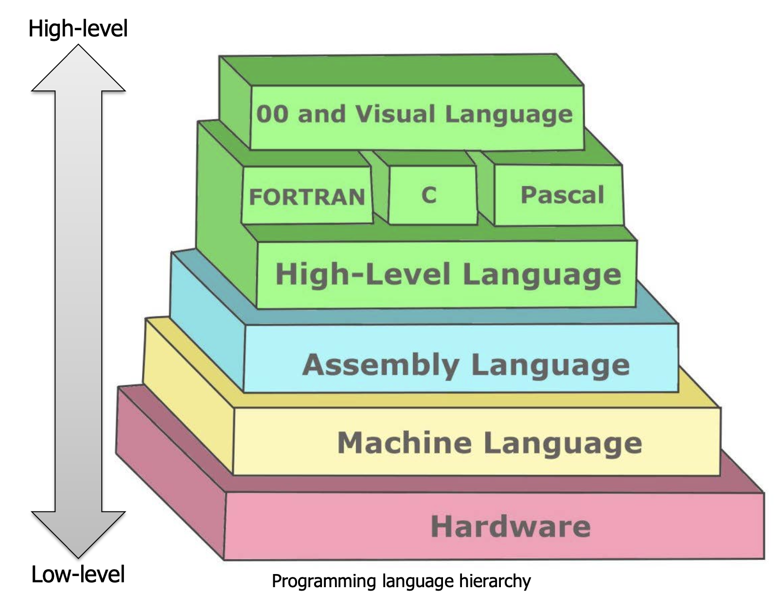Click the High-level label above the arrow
78,28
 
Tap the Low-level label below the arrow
78,574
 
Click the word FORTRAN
307,197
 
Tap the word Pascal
562,195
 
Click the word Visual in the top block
395,115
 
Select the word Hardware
511,526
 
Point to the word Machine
404,443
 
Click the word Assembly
381,365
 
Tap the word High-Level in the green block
363,274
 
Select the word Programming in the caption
324,581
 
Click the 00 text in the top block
272,114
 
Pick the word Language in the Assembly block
550,366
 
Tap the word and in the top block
321,114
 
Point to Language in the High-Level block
542,275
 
